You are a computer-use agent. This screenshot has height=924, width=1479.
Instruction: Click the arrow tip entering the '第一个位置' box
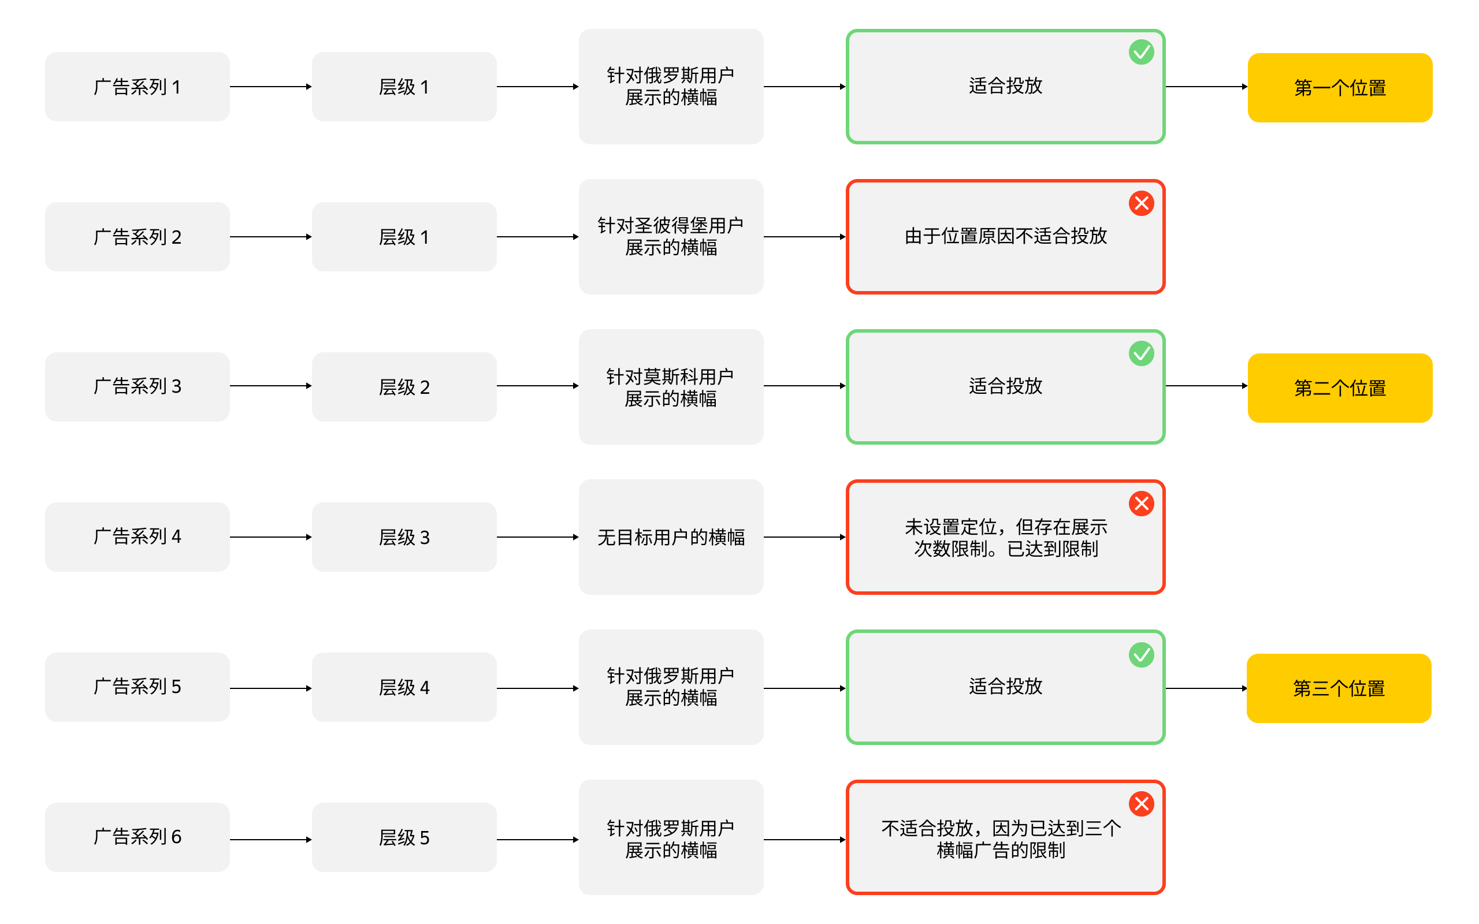tap(1247, 87)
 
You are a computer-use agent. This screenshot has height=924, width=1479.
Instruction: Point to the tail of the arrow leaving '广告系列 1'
tap(231, 87)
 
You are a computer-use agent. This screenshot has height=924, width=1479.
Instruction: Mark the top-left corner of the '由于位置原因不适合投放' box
tap(847, 180)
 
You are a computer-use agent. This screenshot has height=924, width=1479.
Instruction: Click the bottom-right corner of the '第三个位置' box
tap(1431, 722)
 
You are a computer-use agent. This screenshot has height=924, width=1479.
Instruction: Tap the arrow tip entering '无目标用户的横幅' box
tap(578, 537)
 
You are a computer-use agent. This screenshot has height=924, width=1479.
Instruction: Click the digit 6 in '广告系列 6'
tap(176, 837)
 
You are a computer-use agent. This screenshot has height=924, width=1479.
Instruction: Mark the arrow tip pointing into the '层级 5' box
tap(312, 840)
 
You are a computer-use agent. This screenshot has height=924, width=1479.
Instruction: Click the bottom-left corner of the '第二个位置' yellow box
tap(1248, 422)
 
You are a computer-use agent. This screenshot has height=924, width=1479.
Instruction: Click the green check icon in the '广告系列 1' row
tap(1141, 52)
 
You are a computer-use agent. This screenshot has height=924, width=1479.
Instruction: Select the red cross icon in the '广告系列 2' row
tap(1141, 203)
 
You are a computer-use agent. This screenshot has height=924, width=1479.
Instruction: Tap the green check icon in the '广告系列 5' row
tap(1141, 654)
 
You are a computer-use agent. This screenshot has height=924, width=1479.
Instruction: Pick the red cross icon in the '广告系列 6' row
tap(1141, 804)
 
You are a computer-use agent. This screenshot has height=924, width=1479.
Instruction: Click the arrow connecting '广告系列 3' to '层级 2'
tap(271, 386)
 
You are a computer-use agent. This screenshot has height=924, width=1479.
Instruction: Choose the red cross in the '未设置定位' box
tap(1141, 504)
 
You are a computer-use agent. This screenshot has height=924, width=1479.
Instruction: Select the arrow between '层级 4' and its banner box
tap(537, 688)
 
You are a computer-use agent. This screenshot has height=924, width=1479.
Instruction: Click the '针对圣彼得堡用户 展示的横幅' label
tap(670, 237)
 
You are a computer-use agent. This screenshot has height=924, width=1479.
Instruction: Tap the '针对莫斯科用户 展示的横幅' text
tap(670, 388)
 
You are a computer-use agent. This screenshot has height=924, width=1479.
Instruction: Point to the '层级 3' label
tap(404, 538)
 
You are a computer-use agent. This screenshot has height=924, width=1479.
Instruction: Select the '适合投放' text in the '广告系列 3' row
tap(1005, 386)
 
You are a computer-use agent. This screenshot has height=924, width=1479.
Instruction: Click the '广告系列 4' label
tap(137, 536)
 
